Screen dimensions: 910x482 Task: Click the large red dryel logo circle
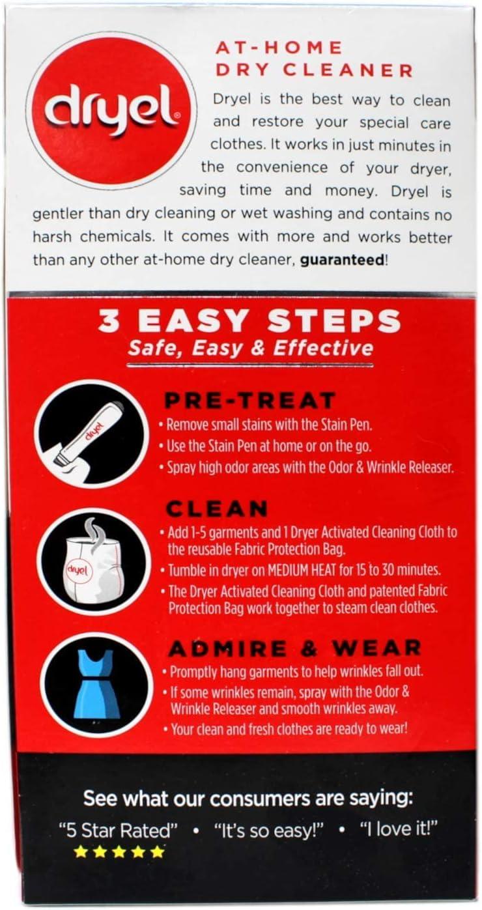111,111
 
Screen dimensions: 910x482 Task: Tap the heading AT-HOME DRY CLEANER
313,59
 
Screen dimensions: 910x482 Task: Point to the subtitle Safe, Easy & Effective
250,347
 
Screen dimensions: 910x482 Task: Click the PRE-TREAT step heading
249,400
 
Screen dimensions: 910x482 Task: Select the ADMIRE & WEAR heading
294,648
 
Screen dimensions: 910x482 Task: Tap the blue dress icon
96,683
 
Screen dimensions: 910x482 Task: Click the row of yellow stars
119,851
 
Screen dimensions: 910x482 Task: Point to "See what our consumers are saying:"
248,798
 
